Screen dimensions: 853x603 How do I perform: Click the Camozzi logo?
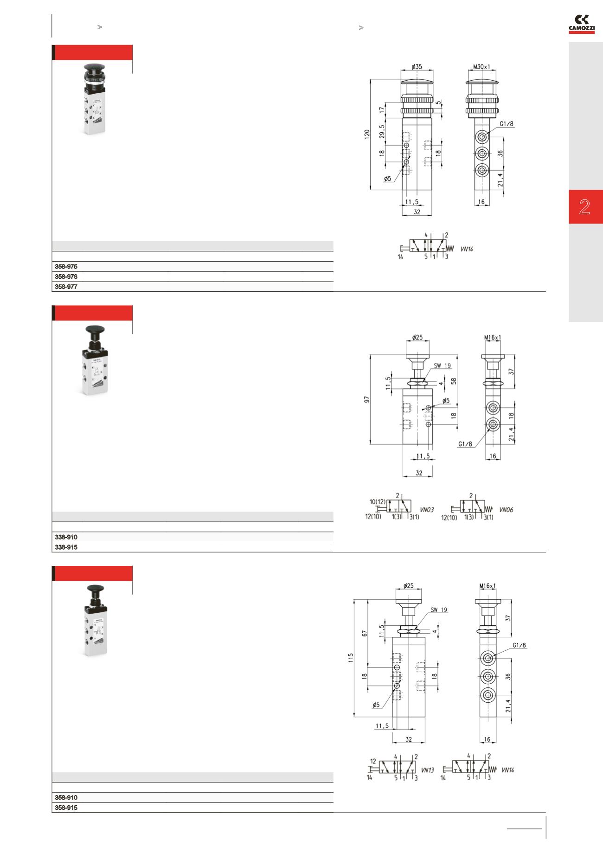pyautogui.click(x=581, y=24)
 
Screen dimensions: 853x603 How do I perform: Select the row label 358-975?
pyautogui.click(x=66, y=267)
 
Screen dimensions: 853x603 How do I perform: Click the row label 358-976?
pyautogui.click(x=66, y=277)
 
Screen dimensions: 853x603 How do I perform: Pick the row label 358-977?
pyautogui.click(x=66, y=287)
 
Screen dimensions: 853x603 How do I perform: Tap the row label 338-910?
pyautogui.click(x=66, y=537)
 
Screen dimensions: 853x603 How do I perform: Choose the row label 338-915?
pyautogui.click(x=66, y=547)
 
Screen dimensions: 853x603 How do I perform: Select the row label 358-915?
pyautogui.click(x=66, y=808)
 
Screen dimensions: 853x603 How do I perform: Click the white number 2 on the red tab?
pyautogui.click(x=584, y=207)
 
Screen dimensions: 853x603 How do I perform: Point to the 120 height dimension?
pyautogui.click(x=366, y=135)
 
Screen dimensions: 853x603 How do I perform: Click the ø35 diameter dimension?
pyautogui.click(x=417, y=67)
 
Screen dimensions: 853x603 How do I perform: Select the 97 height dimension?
pyautogui.click(x=366, y=399)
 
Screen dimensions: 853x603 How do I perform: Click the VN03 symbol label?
pyautogui.click(x=427, y=510)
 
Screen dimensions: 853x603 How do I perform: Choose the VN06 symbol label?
pyautogui.click(x=506, y=510)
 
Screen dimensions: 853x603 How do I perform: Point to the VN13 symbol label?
pyautogui.click(x=427, y=770)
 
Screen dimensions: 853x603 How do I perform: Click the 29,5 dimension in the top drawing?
pyautogui.click(x=382, y=131)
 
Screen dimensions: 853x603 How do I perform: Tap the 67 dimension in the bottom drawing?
pyautogui.click(x=364, y=633)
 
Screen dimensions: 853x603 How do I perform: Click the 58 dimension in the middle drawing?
pyautogui.click(x=454, y=381)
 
